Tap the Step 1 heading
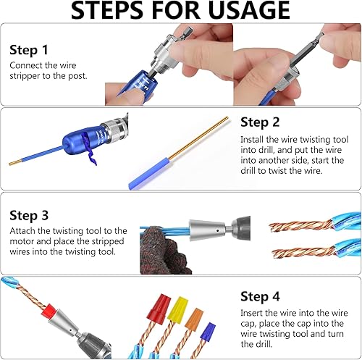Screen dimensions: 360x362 tap(29, 50)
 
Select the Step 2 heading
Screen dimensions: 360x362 tap(260, 122)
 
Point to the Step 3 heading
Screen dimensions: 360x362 tap(29, 214)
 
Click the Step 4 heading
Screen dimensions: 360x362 tap(260, 296)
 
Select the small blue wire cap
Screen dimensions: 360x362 tap(209, 331)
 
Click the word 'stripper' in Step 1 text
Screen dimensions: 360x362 tap(27, 76)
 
